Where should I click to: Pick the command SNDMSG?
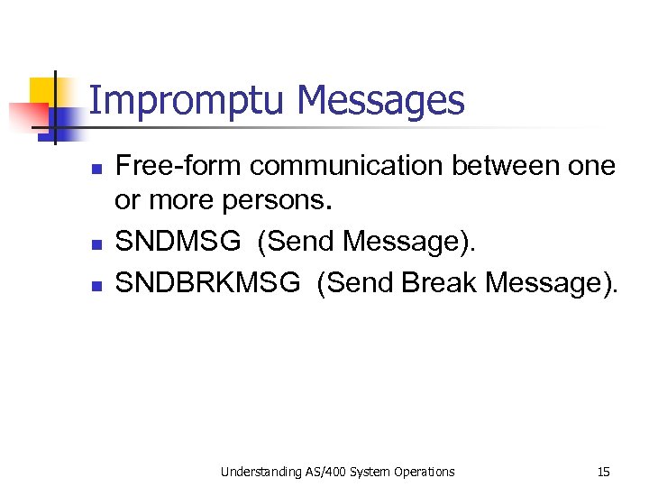(x=179, y=241)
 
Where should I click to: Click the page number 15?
(x=603, y=471)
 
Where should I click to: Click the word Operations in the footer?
(x=424, y=471)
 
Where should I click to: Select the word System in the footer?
(x=373, y=471)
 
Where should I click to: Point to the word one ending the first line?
(x=593, y=166)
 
